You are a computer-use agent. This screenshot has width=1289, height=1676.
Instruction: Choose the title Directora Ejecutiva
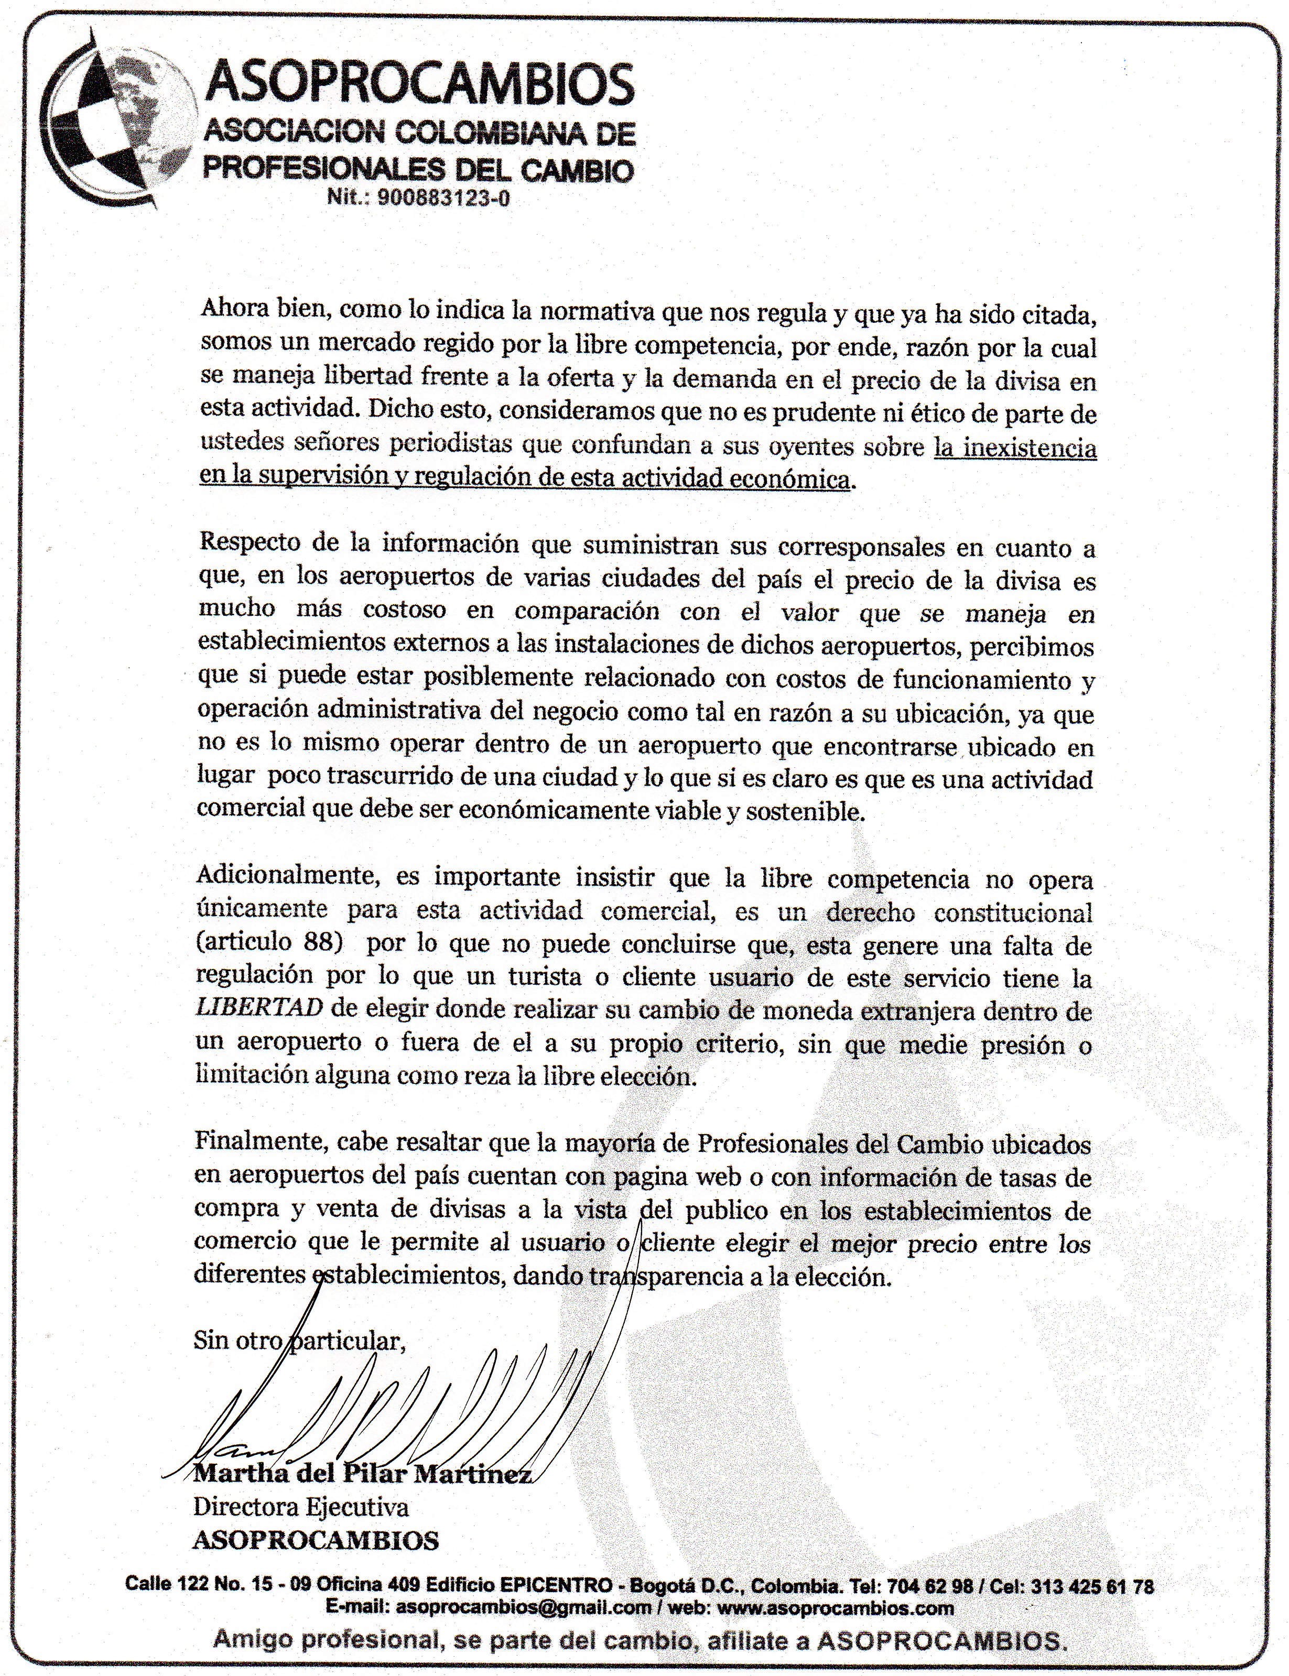point(301,1507)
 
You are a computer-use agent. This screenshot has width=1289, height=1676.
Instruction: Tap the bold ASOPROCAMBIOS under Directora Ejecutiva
point(316,1539)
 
